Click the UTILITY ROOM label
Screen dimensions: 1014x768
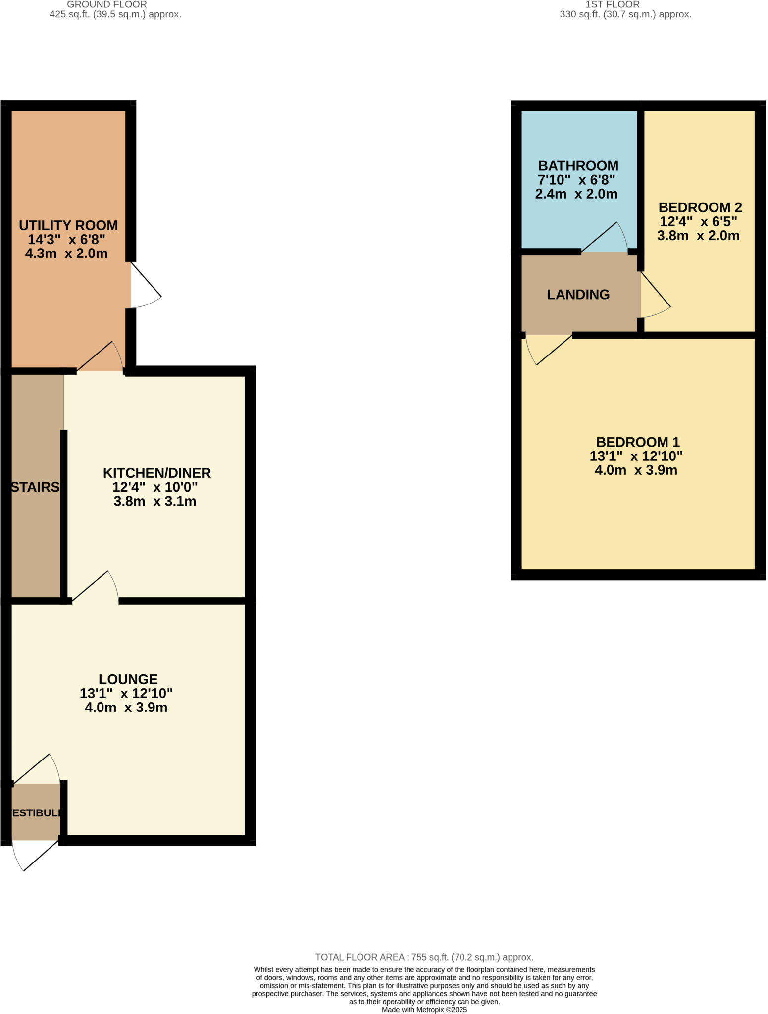click(68, 225)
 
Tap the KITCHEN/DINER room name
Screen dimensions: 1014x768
click(156, 473)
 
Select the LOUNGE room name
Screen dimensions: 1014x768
click(128, 679)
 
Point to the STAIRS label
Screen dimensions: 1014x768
click(35, 487)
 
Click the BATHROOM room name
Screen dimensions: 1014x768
click(578, 165)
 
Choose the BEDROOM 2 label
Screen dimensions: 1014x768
click(700, 207)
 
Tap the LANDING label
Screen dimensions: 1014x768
click(578, 295)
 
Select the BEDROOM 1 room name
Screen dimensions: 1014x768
click(637, 442)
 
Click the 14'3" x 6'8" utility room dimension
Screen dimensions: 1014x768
click(66, 240)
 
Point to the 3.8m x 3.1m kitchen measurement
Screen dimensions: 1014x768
click(154, 501)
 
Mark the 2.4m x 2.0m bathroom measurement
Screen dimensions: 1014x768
click(576, 194)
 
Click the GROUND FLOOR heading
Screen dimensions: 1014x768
click(106, 4)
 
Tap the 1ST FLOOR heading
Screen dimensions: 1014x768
click(612, 4)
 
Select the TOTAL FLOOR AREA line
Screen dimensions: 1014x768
click(424, 957)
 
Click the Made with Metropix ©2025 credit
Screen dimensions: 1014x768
click(424, 1010)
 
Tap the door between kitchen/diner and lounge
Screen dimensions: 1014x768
click(97, 588)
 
